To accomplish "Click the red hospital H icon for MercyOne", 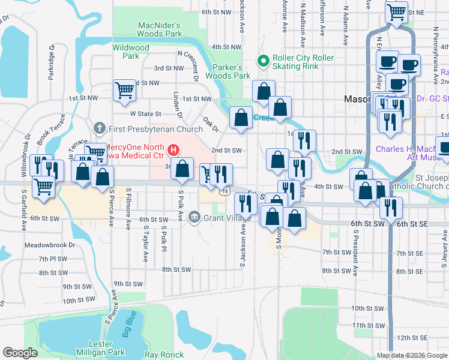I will pyautogui.click(x=173, y=148).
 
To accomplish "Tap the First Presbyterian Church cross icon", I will pyautogui.click(x=99, y=128).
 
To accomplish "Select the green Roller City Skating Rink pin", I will pyautogui.click(x=262, y=61).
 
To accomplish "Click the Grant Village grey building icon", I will pyautogui.click(x=194, y=217).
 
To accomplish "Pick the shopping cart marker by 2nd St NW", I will pyautogui.click(x=124, y=91).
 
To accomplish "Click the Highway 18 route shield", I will pyautogui.click(x=224, y=191).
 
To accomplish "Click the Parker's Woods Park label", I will pyautogui.click(x=228, y=71).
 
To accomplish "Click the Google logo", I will pyautogui.click(x=20, y=353).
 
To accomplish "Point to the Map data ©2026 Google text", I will pyautogui.click(x=411, y=355).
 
